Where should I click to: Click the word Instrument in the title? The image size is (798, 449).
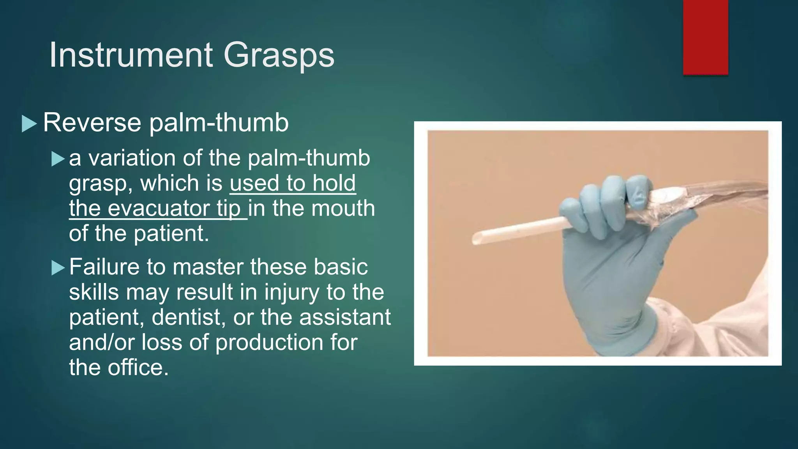click(131, 55)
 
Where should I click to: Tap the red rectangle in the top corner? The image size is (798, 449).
click(705, 37)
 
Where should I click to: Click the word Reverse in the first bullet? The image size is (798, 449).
click(92, 122)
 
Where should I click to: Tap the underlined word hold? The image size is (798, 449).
click(334, 183)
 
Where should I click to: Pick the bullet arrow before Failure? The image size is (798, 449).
click(58, 268)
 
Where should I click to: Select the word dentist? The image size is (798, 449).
click(189, 317)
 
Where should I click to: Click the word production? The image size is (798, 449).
click(269, 342)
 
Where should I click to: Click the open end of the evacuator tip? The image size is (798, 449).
click(476, 238)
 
